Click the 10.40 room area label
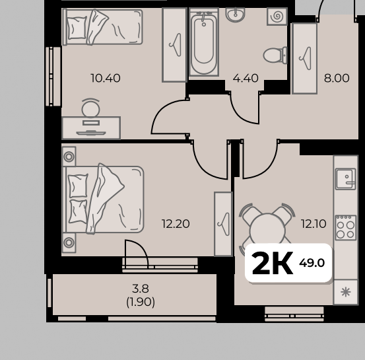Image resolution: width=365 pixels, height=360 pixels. (x=106, y=78)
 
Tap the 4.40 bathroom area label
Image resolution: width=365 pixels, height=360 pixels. (x=246, y=78)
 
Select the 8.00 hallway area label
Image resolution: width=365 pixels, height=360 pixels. (x=337, y=78)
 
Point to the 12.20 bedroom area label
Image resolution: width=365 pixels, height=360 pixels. (x=176, y=224)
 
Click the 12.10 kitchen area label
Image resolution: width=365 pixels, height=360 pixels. (x=314, y=224)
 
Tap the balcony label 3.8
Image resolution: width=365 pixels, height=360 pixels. (x=141, y=289)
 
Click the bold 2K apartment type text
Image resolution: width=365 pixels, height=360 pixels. (x=272, y=264)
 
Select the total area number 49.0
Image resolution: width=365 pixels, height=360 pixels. (x=312, y=263)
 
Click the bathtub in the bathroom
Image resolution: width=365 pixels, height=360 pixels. (x=204, y=42)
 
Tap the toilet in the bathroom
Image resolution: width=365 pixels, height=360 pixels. (x=275, y=55)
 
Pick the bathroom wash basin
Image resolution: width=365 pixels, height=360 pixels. (x=235, y=14)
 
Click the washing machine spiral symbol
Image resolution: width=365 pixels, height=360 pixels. (x=277, y=16)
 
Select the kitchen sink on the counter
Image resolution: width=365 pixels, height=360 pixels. (x=345, y=179)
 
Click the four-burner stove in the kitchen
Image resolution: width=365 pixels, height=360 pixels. (x=346, y=228)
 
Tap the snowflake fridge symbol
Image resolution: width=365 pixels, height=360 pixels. (x=345, y=292)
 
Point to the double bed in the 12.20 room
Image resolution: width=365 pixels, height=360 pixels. (x=103, y=199)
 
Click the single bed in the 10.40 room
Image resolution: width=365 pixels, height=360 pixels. (x=102, y=26)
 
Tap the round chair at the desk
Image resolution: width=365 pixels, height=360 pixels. (x=91, y=108)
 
